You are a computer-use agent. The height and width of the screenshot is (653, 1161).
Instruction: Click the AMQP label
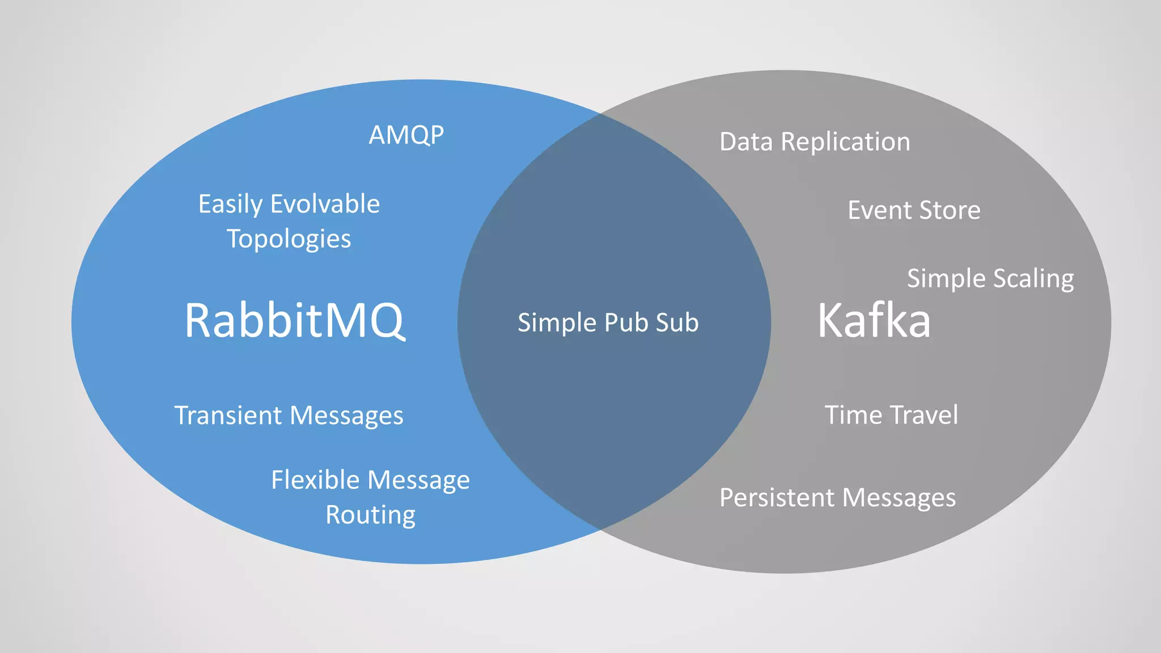click(x=406, y=135)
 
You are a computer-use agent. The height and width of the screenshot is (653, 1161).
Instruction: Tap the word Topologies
click(x=289, y=239)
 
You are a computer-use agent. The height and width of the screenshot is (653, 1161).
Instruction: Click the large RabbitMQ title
click(x=295, y=321)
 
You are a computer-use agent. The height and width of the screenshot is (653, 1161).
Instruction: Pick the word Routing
click(x=371, y=515)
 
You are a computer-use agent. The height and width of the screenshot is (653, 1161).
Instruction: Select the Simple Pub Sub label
click(x=608, y=323)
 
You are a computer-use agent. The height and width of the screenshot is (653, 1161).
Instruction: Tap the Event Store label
click(x=914, y=210)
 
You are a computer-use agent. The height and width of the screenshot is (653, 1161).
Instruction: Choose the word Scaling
click(x=1033, y=279)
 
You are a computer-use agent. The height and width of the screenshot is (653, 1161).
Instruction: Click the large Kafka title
click(x=874, y=321)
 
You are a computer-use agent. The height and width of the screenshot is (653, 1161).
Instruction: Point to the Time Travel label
click(x=891, y=415)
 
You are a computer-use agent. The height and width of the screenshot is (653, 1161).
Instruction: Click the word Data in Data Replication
click(x=746, y=142)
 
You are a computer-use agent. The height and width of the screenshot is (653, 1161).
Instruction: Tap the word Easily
click(x=230, y=204)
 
